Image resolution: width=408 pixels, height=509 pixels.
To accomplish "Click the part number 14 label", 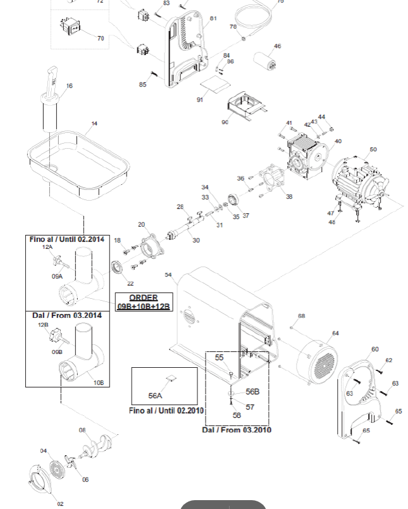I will coord(94,124).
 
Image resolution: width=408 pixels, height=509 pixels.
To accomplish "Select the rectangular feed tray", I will coord(79,161).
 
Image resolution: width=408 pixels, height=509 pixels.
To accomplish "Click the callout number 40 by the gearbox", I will coord(338,142).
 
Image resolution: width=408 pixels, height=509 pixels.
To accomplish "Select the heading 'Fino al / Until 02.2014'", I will coord(66,239).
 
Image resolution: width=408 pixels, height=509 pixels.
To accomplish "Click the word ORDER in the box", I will coord(144,298).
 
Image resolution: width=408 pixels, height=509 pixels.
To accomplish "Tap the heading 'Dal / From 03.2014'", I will coord(66,315).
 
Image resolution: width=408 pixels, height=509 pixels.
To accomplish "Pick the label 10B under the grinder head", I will coord(98,382).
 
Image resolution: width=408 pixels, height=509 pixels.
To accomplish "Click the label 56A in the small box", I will coord(155,396).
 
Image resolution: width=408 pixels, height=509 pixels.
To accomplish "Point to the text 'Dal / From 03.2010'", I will coord(237,430).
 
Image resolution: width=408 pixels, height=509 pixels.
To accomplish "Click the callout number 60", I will coord(375,349).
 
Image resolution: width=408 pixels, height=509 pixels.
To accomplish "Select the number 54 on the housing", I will coord(168,275).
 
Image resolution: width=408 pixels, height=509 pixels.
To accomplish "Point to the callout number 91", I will coord(199,99).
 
